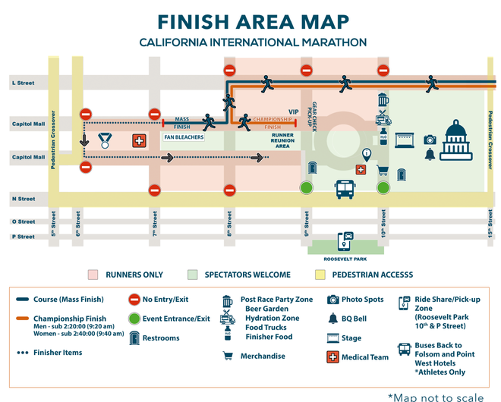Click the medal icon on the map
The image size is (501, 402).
[104, 140]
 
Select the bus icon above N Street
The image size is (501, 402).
[346, 188]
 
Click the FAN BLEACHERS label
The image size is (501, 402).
[182, 137]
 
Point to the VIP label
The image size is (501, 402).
[294, 111]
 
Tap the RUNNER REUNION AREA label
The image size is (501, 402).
[282, 141]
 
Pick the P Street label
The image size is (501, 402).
[23, 237]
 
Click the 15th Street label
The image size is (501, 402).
[491, 225]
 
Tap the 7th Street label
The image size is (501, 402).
[155, 221]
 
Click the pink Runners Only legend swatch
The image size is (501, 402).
[93, 275]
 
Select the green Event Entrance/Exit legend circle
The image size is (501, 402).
[134, 319]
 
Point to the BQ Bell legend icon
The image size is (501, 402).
[332, 319]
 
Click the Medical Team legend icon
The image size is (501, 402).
[332, 356]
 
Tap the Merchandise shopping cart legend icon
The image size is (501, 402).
[227, 355]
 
